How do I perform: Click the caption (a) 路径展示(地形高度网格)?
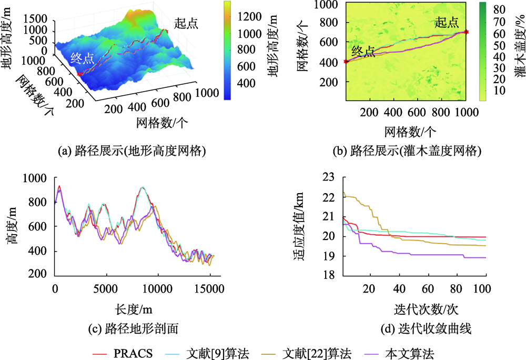(130, 152)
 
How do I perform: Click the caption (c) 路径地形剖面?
(134, 329)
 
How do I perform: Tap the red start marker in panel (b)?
(467, 32)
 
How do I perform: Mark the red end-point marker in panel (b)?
(346, 62)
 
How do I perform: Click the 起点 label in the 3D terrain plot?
(186, 23)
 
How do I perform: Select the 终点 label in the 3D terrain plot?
(83, 58)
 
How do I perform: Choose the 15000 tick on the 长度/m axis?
(208, 289)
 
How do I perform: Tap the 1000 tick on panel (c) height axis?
(39, 178)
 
